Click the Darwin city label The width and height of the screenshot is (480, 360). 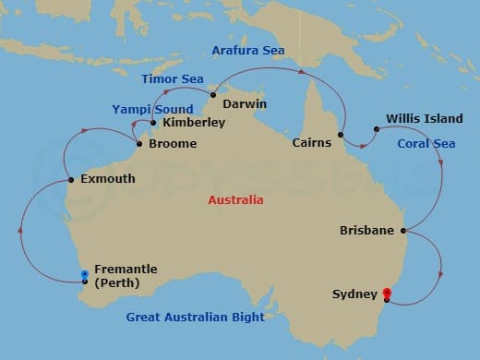coord(245,103)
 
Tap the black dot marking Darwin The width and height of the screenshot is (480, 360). coord(213,95)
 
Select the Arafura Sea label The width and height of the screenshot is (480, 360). coord(247,50)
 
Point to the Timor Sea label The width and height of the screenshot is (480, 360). coord(173,79)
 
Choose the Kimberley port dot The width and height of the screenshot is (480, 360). coord(153,122)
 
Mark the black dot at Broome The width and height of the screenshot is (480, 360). coord(139,145)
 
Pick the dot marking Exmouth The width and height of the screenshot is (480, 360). coord(71,179)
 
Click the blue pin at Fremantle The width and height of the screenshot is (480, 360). coord(85,275)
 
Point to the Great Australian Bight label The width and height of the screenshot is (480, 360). coord(195,318)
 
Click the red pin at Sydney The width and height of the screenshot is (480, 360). coord(386,295)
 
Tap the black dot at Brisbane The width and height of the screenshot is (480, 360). coord(403,230)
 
